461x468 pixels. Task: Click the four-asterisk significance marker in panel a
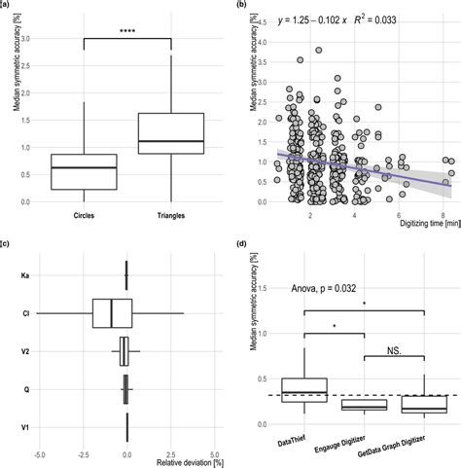coord(128,31)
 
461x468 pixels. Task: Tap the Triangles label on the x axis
coord(170,214)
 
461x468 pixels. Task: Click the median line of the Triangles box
coord(170,142)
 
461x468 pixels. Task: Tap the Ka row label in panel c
coord(23,275)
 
